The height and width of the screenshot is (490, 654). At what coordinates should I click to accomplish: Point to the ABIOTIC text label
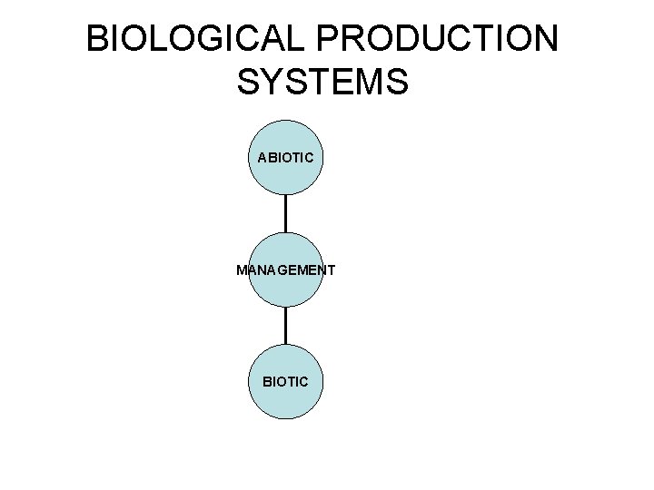click(286, 157)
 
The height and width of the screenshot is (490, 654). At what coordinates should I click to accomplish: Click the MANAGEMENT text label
click(286, 270)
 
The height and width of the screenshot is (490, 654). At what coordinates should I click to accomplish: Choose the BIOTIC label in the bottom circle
click(285, 382)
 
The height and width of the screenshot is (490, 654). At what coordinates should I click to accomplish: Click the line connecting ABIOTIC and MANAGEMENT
click(286, 213)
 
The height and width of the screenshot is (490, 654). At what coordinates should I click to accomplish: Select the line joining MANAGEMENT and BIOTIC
click(286, 326)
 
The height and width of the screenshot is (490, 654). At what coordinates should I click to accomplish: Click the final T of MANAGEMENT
click(332, 270)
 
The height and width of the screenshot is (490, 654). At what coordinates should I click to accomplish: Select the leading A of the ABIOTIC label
click(263, 157)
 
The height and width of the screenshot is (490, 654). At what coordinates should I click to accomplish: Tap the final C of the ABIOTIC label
click(309, 157)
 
